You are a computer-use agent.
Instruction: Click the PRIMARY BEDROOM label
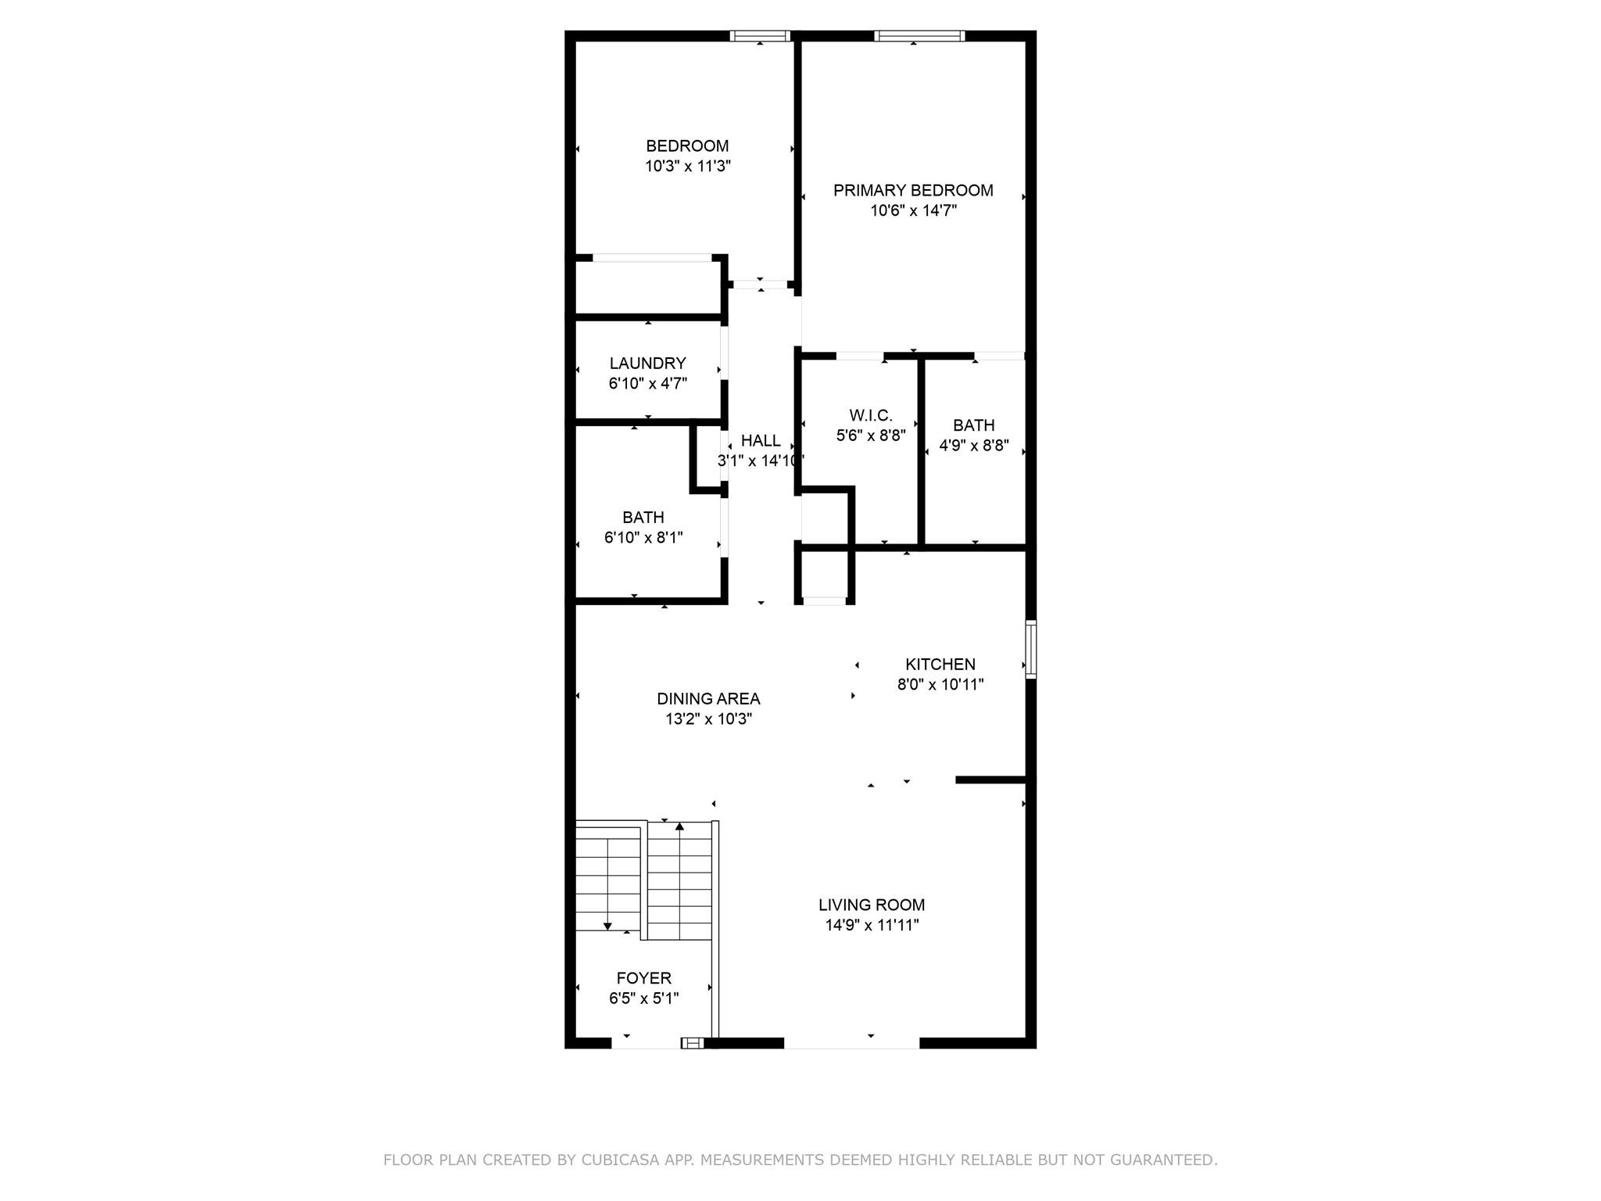(913, 190)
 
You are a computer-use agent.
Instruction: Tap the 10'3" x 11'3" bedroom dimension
(688, 167)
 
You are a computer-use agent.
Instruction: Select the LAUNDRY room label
(647, 363)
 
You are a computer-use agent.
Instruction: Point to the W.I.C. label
(871, 415)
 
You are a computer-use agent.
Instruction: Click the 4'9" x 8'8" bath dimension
(974, 446)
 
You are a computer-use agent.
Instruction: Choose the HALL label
(761, 440)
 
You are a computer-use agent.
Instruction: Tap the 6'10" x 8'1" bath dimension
(643, 538)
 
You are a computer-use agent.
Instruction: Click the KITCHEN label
(940, 664)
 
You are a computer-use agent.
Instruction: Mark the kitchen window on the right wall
(1030, 649)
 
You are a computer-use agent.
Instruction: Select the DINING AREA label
(708, 698)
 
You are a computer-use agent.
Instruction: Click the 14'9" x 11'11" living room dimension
(872, 926)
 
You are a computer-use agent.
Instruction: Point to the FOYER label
(643, 978)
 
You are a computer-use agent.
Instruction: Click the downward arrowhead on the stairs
(607, 927)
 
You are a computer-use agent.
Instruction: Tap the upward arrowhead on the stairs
(679, 826)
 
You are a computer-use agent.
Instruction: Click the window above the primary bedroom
(919, 36)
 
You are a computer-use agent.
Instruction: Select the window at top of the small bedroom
(760, 36)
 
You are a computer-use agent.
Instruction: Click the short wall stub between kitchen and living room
(990, 780)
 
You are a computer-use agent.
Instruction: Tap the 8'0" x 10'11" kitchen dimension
(940, 685)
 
